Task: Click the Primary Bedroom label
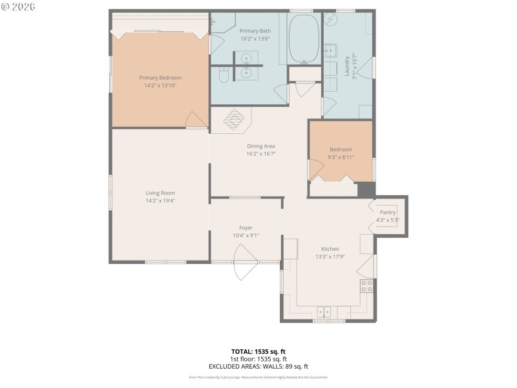(160, 78)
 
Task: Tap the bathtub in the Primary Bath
(303, 38)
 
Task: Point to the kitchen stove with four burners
(366, 285)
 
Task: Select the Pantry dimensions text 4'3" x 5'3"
(388, 220)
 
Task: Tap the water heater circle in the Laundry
(330, 19)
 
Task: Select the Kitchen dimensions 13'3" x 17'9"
(330, 257)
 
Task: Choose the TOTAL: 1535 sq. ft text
(258, 351)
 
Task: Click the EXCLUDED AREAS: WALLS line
(258, 366)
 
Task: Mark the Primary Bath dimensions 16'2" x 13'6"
(255, 38)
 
